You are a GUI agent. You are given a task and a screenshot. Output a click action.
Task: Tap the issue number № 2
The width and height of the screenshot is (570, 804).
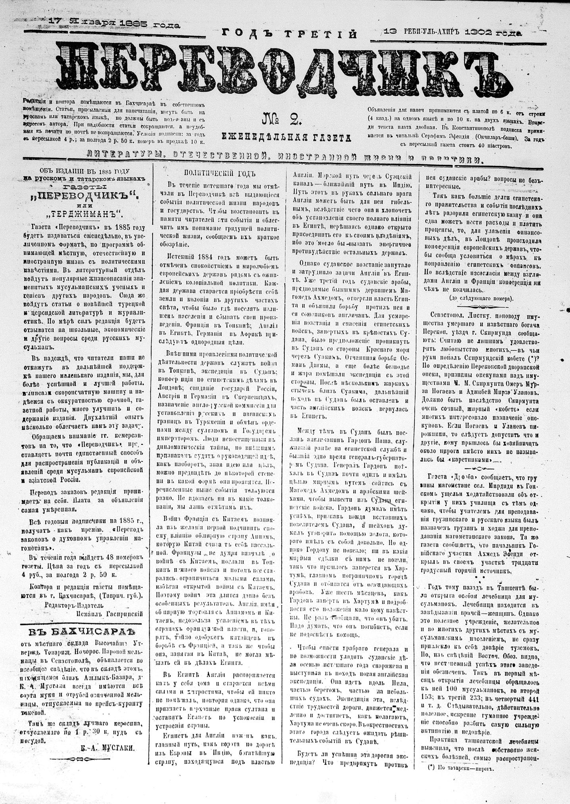(x=282, y=119)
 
